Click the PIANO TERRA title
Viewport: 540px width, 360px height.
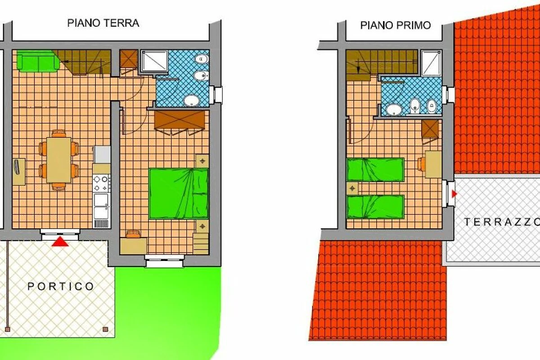(x=103, y=23)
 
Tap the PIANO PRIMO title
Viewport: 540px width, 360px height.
(x=396, y=25)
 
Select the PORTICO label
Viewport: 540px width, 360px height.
(x=60, y=287)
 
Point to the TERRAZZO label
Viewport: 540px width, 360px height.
(x=502, y=222)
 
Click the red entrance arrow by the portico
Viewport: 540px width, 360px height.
(x=60, y=242)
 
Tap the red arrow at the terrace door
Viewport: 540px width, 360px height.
(x=454, y=193)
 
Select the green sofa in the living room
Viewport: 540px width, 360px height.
(x=38, y=62)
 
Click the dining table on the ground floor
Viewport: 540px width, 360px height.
(x=59, y=160)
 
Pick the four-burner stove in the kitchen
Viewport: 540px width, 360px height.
(x=102, y=183)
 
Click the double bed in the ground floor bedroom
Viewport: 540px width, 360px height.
(x=178, y=193)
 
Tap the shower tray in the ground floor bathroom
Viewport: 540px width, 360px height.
(x=154, y=61)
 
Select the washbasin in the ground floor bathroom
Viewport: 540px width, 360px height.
(x=192, y=100)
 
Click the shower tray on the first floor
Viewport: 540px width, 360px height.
(x=431, y=63)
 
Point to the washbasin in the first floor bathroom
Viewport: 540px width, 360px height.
(x=394, y=109)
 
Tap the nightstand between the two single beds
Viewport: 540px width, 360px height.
(x=352, y=188)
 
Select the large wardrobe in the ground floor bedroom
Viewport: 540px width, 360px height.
(x=180, y=120)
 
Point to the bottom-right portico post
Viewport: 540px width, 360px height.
(x=105, y=329)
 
